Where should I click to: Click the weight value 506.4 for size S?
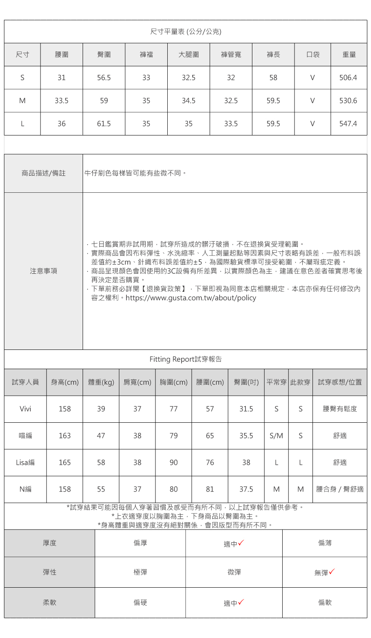click(348, 78)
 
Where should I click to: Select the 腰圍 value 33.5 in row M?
click(61, 101)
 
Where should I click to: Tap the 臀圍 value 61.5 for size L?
click(104, 124)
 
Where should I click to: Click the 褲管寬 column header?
click(231, 54)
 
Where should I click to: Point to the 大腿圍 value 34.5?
click(189, 101)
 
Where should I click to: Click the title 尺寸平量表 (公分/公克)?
click(186, 32)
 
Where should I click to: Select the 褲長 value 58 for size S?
click(273, 78)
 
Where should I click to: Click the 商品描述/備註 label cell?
click(43, 174)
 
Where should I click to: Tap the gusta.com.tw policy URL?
click(191, 298)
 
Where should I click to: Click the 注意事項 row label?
click(43, 271)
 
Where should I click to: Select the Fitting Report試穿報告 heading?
click(186, 359)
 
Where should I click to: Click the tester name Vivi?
click(25, 409)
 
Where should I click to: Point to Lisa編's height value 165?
click(65, 462)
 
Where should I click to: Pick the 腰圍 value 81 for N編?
click(210, 489)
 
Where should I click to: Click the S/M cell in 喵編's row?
click(277, 436)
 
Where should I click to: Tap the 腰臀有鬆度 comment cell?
click(340, 409)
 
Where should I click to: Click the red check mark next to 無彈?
click(332, 571)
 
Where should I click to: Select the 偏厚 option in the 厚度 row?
click(140, 543)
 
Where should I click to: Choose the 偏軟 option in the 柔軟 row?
click(325, 602)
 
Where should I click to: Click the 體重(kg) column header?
click(101, 382)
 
